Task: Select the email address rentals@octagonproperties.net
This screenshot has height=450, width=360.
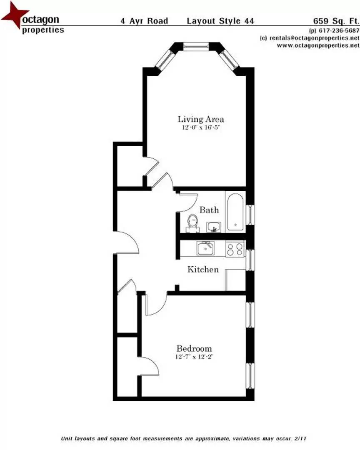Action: tap(310, 38)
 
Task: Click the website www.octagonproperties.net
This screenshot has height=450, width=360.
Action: tap(318, 45)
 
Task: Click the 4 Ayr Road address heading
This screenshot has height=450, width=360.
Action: tap(144, 21)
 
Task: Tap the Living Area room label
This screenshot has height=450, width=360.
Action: tap(201, 120)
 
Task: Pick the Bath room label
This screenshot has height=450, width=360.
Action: tap(209, 210)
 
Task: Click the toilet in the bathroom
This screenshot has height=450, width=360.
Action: tap(192, 221)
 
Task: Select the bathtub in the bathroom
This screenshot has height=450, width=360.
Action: tap(236, 212)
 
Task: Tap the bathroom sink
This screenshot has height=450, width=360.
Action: tap(215, 227)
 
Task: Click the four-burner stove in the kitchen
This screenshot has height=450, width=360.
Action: tap(235, 249)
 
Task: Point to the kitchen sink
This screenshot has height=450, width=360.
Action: tap(205, 249)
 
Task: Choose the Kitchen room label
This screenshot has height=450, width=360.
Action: tap(203, 270)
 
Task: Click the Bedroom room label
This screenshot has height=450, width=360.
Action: tap(194, 348)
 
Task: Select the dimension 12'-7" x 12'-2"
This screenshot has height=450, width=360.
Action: tap(194, 357)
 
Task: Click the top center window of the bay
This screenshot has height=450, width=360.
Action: tap(196, 46)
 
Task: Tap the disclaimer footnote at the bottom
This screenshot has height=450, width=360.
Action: tap(184, 439)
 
